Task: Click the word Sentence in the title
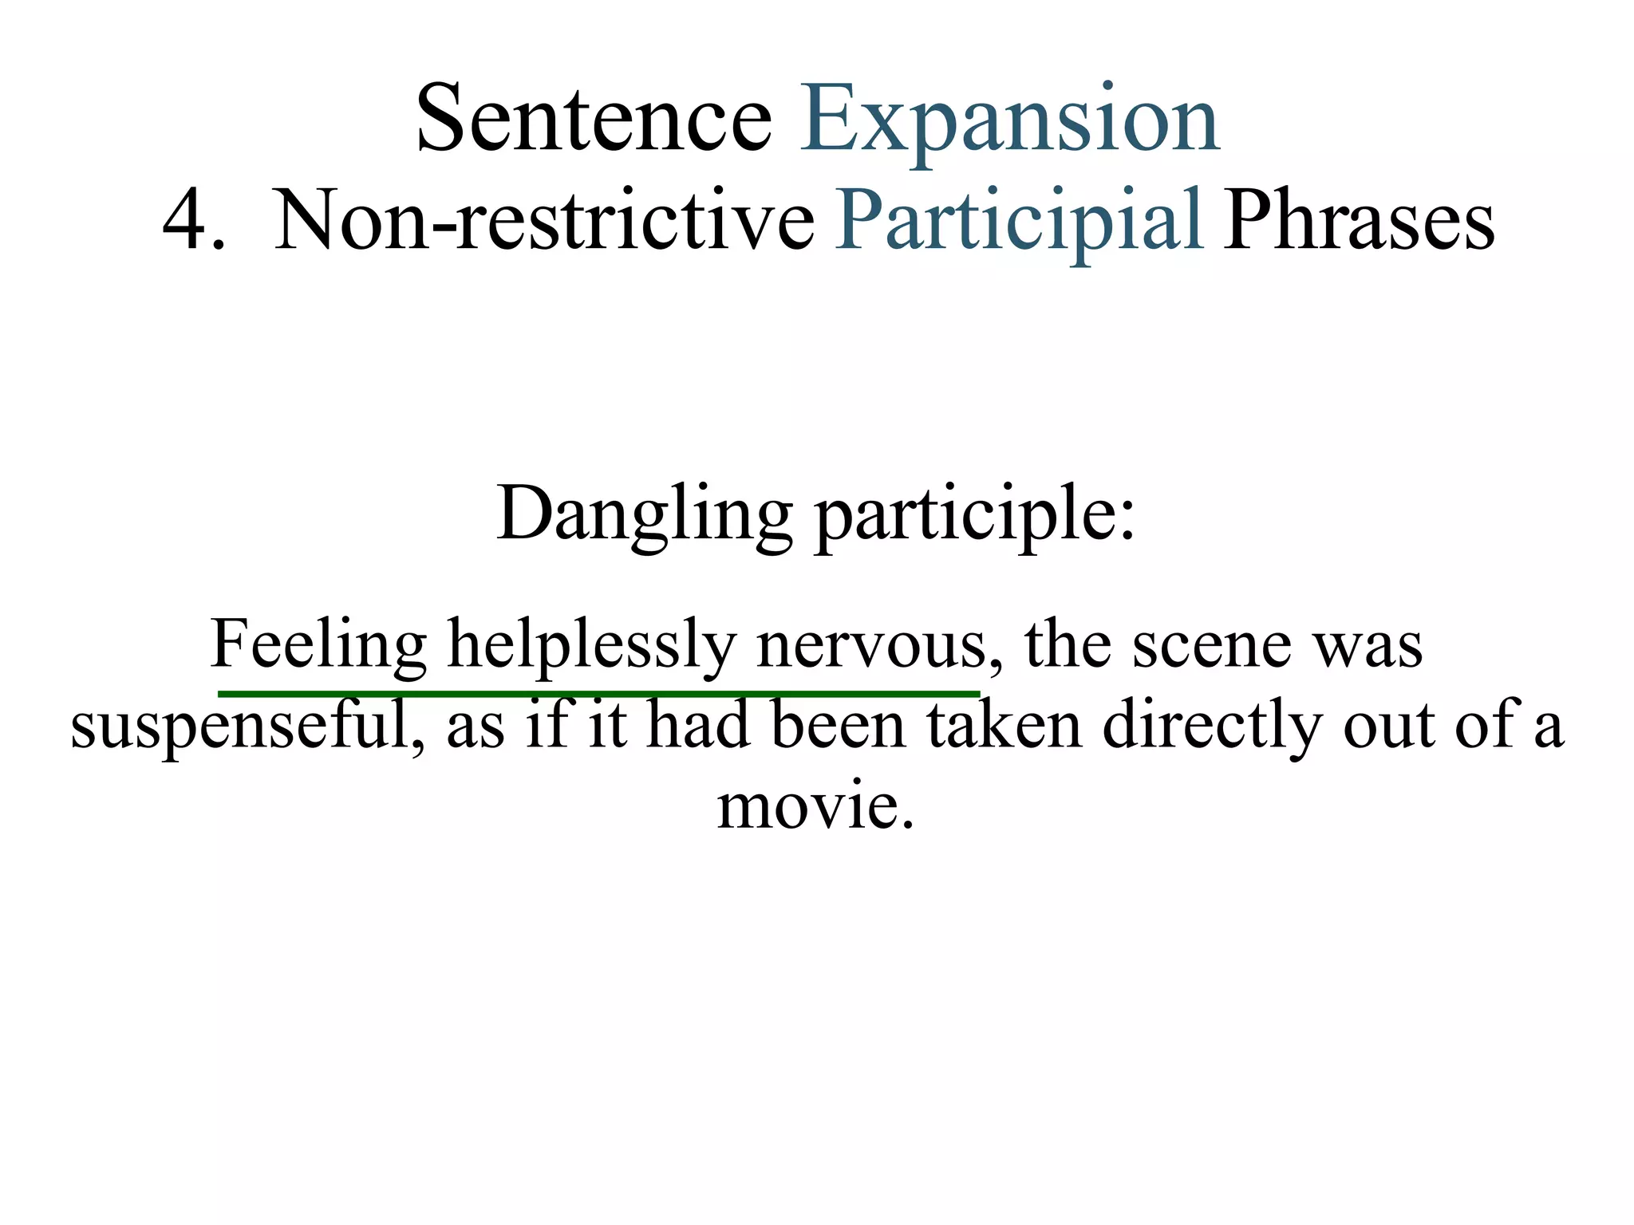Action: click(x=594, y=120)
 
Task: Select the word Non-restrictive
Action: click(x=543, y=220)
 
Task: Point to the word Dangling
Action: click(x=645, y=514)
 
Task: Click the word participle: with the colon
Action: click(x=974, y=514)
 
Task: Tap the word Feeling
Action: click(x=319, y=644)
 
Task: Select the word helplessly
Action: click(x=591, y=644)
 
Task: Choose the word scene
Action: click(x=1211, y=644)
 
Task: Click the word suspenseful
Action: click(x=247, y=726)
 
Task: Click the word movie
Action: click(x=814, y=806)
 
